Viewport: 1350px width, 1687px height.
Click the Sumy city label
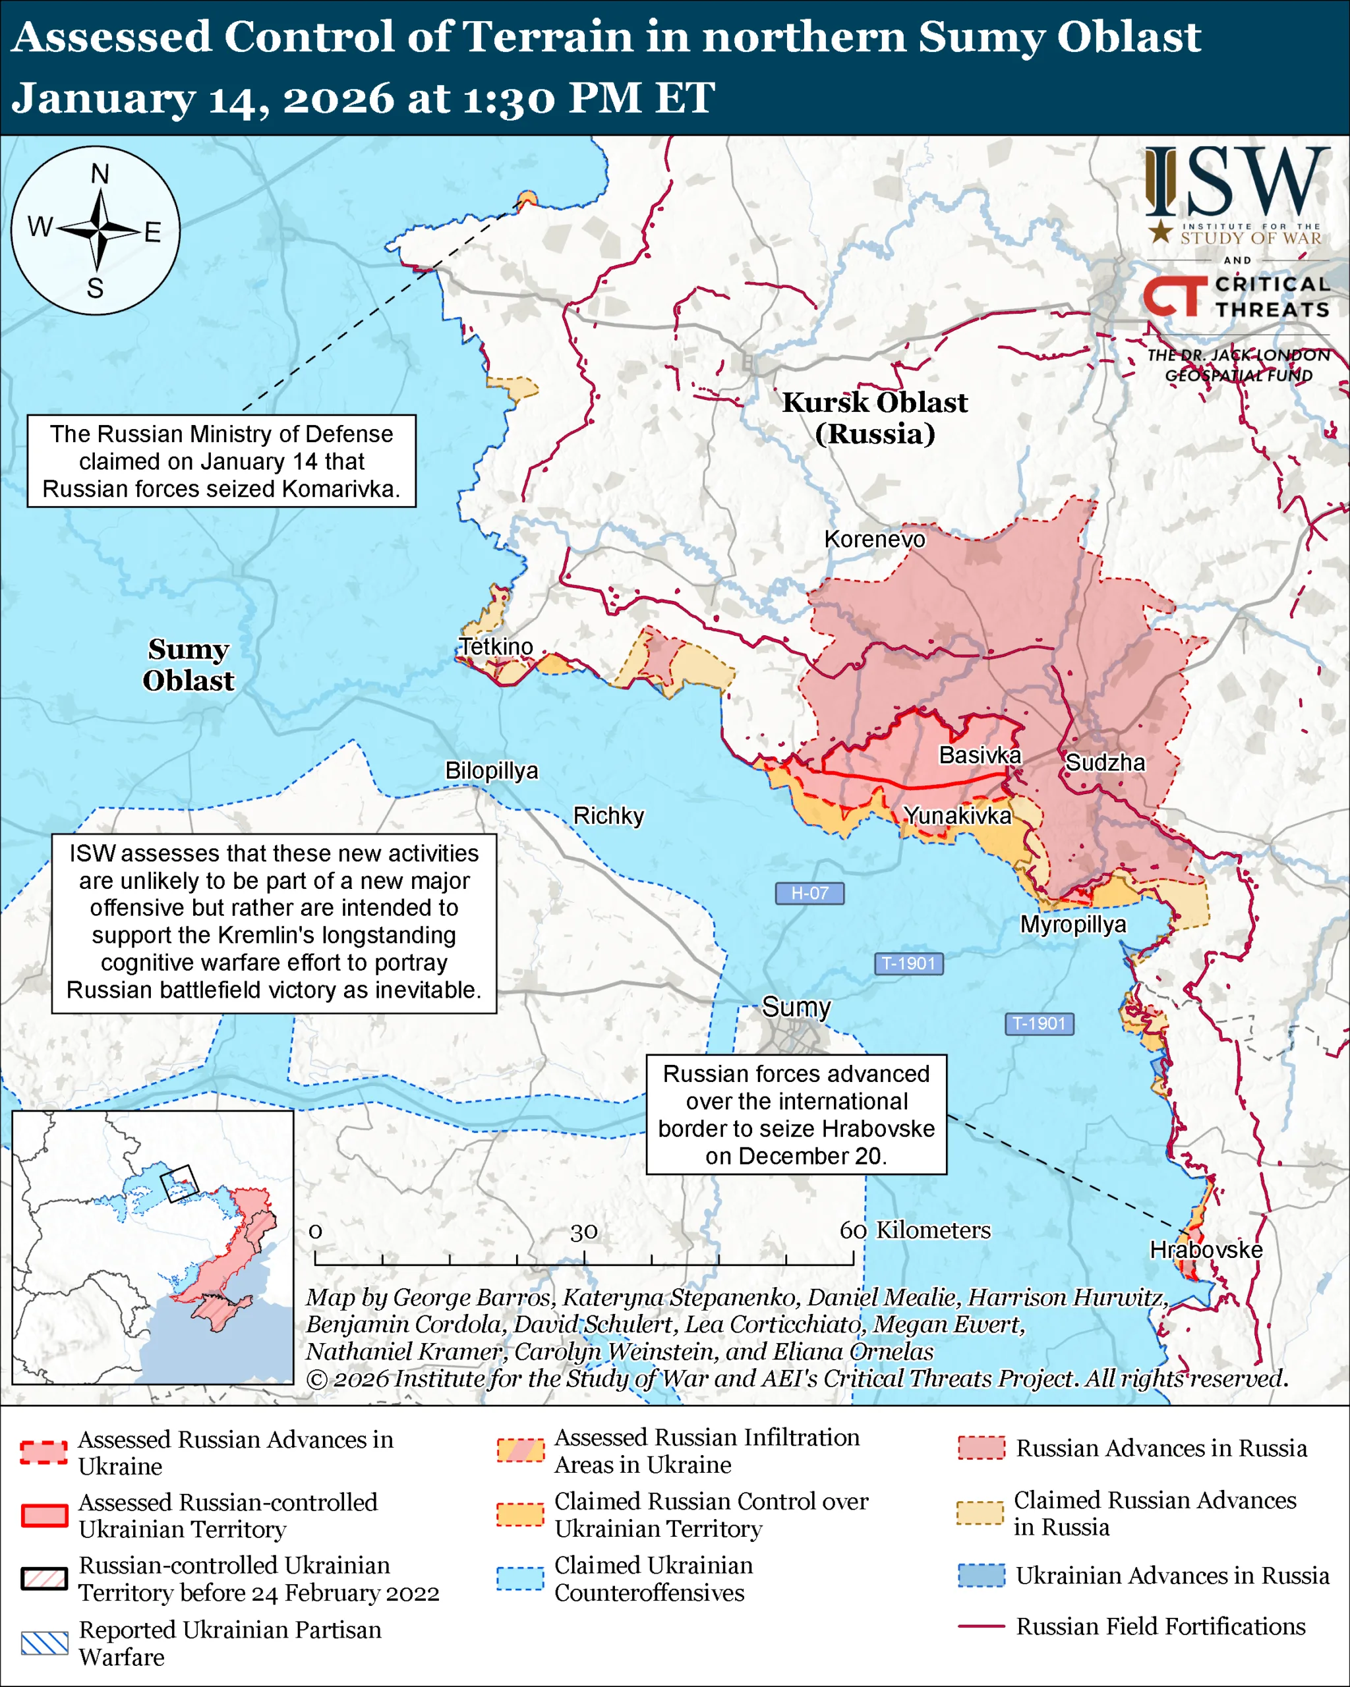pos(796,1007)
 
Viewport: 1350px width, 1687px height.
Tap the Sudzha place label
pos(1104,762)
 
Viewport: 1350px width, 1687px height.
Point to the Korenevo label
pos(874,539)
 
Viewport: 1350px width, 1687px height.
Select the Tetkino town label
pos(496,647)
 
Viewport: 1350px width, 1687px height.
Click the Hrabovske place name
pos(1205,1249)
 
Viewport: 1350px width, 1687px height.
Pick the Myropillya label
pos(1073,924)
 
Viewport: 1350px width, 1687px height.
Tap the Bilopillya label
pos(492,771)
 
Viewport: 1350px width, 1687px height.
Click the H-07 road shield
pos(809,893)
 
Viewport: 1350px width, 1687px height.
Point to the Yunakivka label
pos(957,815)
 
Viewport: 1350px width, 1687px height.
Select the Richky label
pos(608,815)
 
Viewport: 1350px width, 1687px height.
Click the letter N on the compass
pos(100,175)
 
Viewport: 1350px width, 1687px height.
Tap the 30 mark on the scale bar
pos(584,1232)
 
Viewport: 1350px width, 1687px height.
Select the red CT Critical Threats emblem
pos(1174,296)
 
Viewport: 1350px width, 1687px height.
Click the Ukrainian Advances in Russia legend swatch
pos(982,1575)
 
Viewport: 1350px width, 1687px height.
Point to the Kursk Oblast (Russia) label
pos(874,418)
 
